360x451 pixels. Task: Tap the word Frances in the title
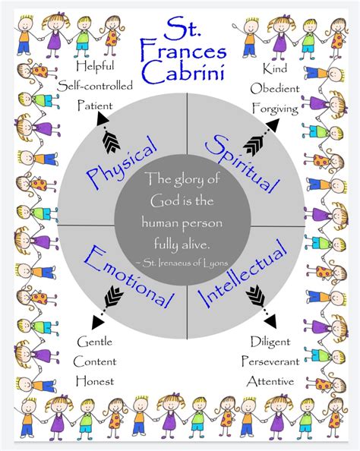click(x=180, y=53)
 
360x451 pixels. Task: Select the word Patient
click(x=95, y=106)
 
